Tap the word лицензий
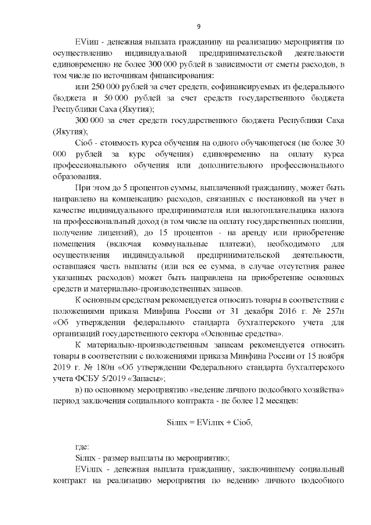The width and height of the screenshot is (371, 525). coord(111,233)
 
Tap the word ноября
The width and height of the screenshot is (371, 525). coord(332,357)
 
